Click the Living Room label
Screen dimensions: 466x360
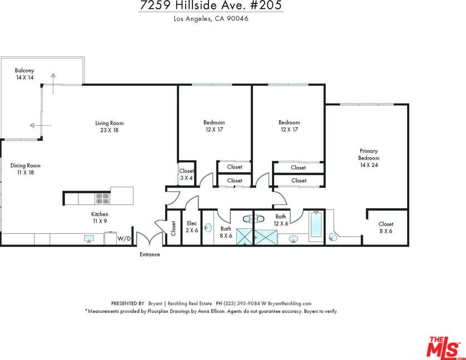click(x=110, y=127)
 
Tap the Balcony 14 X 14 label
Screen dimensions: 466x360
click(x=24, y=74)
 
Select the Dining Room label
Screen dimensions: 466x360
click(x=25, y=169)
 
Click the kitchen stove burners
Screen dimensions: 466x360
click(x=102, y=199)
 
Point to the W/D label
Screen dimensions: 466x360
click(x=124, y=238)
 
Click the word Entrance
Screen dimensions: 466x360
click(x=150, y=254)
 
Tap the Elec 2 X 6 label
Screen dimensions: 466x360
click(x=192, y=227)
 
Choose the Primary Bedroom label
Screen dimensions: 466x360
click(x=369, y=158)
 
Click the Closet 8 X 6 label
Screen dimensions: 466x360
click(x=386, y=228)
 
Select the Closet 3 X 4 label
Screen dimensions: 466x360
click(x=186, y=174)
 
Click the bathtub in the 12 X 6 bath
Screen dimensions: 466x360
click(x=316, y=224)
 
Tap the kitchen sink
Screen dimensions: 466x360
click(x=89, y=238)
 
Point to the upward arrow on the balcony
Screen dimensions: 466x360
click(x=53, y=83)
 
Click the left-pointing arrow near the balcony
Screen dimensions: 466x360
click(x=41, y=126)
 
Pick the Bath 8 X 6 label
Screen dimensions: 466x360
click(x=226, y=232)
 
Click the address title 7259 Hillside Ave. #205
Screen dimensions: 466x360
click(x=211, y=6)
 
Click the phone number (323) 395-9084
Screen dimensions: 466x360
click(x=241, y=303)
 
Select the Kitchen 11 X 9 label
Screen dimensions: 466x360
click(x=100, y=217)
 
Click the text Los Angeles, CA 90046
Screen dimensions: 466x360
click(x=211, y=19)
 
